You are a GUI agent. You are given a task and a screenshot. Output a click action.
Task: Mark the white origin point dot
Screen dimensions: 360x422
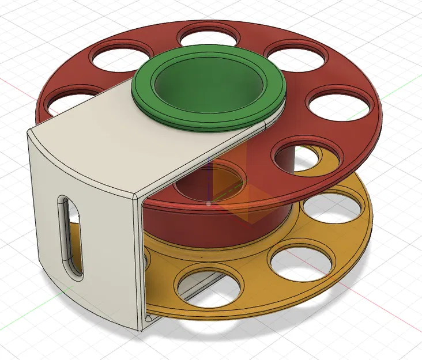coord(208,203)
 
